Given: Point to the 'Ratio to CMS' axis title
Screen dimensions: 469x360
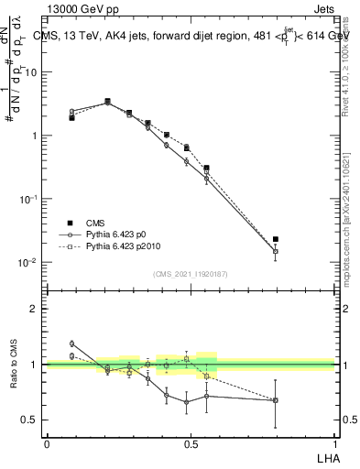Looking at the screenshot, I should (x=15, y=365).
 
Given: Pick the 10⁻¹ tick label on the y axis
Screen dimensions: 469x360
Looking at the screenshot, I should (x=29, y=199).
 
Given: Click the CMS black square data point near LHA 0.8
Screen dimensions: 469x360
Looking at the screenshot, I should (x=276, y=239).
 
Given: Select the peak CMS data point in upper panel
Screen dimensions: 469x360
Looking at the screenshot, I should (x=108, y=101).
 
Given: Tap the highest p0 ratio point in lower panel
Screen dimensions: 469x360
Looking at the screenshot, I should (x=72, y=344).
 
